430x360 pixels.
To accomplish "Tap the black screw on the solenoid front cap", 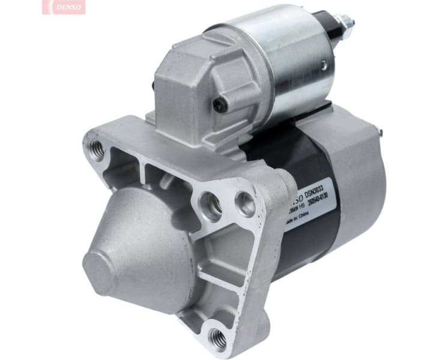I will click(x=220, y=106).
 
